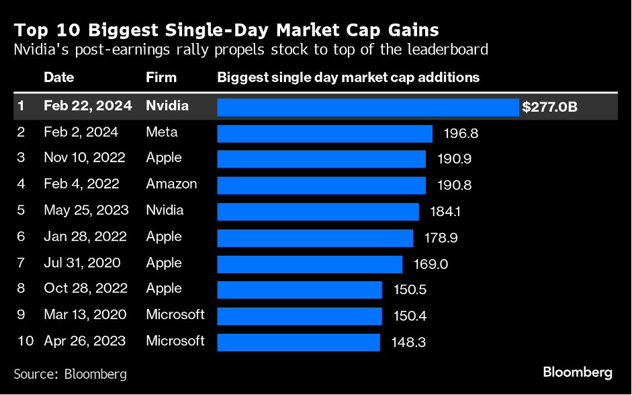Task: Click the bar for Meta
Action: [x=324, y=133]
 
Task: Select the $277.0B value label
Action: [x=550, y=107]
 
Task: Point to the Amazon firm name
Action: [x=171, y=184]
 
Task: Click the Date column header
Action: [x=58, y=77]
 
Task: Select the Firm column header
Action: [x=161, y=77]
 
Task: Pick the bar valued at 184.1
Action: [x=318, y=211]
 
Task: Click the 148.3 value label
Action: [x=408, y=343]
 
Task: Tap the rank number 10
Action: [x=25, y=341]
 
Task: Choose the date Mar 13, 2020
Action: [x=85, y=315]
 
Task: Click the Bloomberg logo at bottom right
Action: [x=577, y=372]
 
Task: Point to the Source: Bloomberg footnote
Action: [x=70, y=373]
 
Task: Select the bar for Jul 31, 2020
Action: [x=310, y=264]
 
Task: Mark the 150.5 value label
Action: [x=409, y=290]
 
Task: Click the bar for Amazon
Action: [x=321, y=185]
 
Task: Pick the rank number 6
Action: [x=21, y=237]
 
